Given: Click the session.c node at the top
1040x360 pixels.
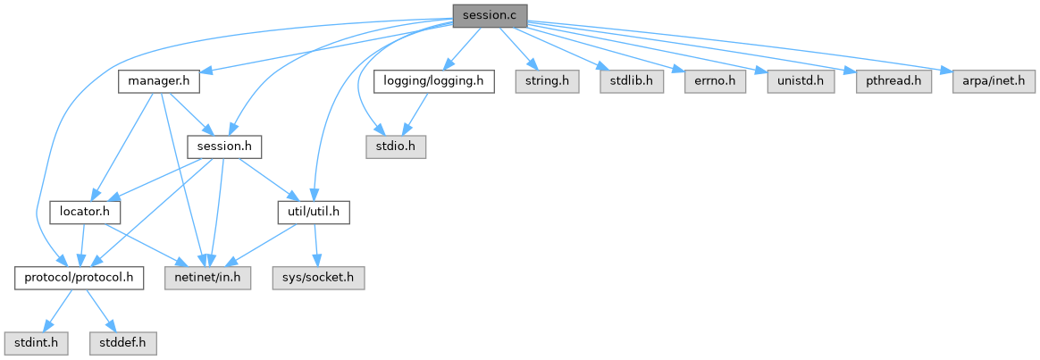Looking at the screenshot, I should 490,16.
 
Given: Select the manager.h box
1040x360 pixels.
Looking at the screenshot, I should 159,82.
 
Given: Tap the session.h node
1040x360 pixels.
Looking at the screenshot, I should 224,147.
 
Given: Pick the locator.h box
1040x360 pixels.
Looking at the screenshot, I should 86,213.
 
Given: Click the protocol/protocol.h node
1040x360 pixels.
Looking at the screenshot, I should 80,278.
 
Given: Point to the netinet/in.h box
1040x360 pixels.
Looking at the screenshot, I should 208,278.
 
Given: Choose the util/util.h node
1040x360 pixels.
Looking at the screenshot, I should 313,213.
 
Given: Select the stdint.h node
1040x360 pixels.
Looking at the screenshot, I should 32,342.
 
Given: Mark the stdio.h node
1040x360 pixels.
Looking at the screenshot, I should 394,147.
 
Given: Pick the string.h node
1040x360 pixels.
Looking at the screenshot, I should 547,82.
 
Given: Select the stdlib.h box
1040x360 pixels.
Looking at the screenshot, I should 632,82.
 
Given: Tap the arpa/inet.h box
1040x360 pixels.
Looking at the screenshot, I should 988,82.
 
